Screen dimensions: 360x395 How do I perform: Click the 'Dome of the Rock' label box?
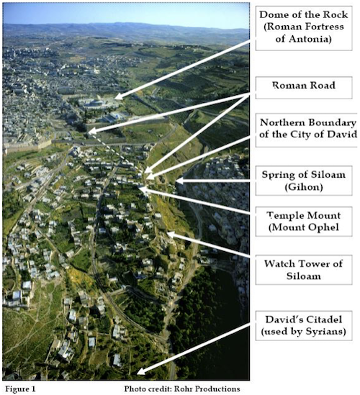tap(304, 27)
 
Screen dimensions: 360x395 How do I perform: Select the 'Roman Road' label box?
tap(304, 88)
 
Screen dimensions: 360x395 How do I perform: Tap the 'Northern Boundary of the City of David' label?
tap(307, 129)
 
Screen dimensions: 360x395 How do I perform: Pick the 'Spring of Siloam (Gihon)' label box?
tap(304, 181)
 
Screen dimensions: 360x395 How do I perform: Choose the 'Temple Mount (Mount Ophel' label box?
tap(304, 222)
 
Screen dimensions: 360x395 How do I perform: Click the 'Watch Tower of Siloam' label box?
tap(304, 270)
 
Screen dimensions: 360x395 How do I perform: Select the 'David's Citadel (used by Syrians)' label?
tap(304, 325)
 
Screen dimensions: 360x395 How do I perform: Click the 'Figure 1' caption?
tap(20, 389)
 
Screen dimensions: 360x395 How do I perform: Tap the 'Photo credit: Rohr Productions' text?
tap(182, 389)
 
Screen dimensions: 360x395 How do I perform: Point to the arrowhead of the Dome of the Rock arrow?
tap(119, 96)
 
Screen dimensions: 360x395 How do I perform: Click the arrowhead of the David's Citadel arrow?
tap(140, 371)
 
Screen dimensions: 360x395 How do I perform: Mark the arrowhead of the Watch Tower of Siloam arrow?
tap(171, 235)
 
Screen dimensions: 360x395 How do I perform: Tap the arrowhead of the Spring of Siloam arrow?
tap(179, 181)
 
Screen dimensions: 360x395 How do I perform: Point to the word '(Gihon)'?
tap(304, 187)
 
